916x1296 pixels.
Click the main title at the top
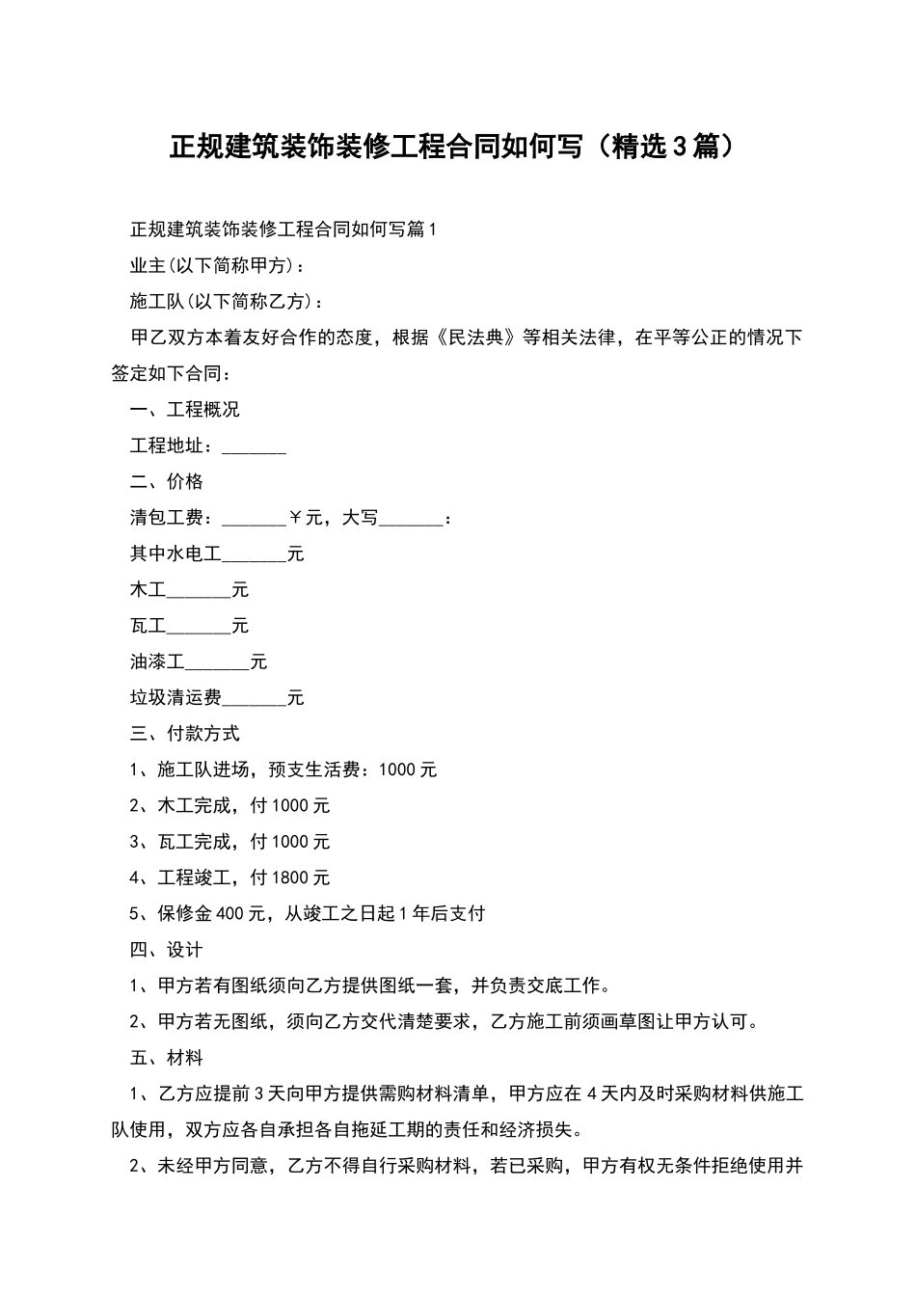click(457, 148)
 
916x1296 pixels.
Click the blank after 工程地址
click(254, 447)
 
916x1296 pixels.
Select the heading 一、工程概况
click(184, 410)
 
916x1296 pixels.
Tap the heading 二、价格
click(166, 482)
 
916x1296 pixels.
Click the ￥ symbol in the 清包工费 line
click(295, 518)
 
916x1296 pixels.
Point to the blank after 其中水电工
click(254, 555)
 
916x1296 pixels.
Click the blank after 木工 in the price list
click(199, 591)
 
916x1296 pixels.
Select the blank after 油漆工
click(217, 663)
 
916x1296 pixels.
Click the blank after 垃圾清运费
click(254, 699)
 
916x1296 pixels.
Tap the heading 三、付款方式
click(184, 734)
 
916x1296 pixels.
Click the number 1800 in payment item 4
click(291, 877)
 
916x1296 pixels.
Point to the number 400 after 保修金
click(231, 913)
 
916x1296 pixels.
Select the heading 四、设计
click(166, 950)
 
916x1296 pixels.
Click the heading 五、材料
click(166, 1058)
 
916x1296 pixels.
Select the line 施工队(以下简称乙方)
click(228, 302)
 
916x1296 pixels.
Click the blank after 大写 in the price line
click(411, 520)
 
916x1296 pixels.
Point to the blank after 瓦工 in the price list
click(199, 628)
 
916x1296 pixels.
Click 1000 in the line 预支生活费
click(397, 769)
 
